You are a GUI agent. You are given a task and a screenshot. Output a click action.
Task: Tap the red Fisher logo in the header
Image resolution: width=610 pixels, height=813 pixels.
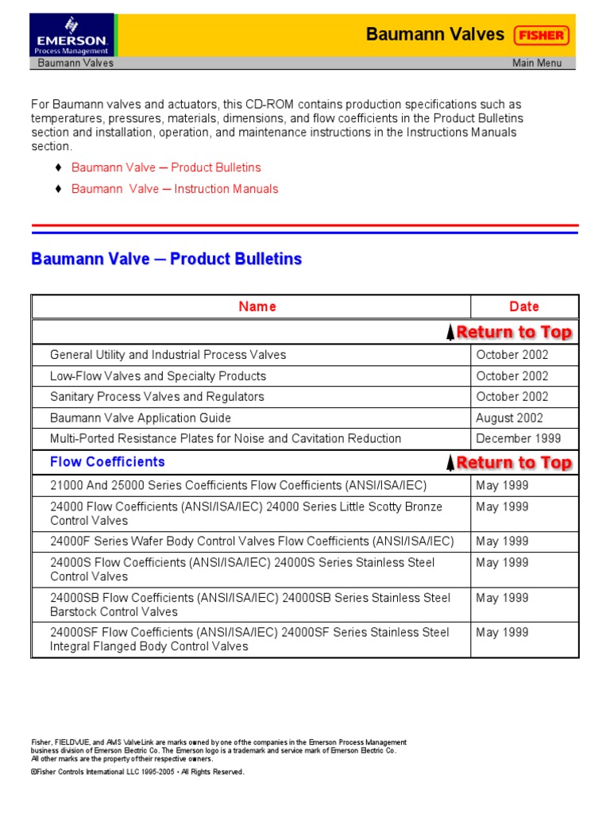pyautogui.click(x=541, y=35)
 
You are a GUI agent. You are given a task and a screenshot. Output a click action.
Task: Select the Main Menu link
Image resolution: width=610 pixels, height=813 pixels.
pyautogui.click(x=537, y=64)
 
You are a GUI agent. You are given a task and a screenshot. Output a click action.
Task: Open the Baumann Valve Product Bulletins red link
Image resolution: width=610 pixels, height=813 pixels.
pyautogui.click(x=166, y=168)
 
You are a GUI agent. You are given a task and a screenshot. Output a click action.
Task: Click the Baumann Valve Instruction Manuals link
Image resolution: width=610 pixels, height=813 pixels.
pyautogui.click(x=175, y=189)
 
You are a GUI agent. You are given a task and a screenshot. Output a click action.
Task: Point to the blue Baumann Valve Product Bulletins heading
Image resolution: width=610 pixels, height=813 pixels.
pyautogui.click(x=166, y=260)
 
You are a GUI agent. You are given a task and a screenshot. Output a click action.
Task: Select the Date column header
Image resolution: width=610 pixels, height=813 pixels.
pyautogui.click(x=524, y=306)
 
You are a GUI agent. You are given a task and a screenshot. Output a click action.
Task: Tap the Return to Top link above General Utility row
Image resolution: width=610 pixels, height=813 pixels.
pyautogui.click(x=509, y=332)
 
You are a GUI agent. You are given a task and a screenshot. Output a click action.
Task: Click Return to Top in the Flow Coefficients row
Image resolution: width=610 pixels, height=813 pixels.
pyautogui.click(x=509, y=463)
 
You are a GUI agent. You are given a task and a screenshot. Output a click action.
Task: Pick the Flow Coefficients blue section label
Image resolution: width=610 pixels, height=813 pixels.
pyautogui.click(x=107, y=462)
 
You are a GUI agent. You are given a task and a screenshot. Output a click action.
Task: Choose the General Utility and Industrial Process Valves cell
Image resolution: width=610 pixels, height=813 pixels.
pyautogui.click(x=168, y=355)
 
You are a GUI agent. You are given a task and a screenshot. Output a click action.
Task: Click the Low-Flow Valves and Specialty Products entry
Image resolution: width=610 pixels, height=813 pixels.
pyautogui.click(x=158, y=376)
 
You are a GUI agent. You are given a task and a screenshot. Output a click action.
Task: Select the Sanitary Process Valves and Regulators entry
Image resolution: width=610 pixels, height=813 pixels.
pyautogui.click(x=157, y=397)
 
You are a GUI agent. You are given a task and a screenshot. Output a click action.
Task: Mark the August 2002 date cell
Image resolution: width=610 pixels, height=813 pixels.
pyautogui.click(x=510, y=418)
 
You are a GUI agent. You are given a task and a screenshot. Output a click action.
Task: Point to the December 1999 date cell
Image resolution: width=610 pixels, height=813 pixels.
pyautogui.click(x=518, y=438)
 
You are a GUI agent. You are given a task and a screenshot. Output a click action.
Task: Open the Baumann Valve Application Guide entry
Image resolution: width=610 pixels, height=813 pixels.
pyautogui.click(x=141, y=418)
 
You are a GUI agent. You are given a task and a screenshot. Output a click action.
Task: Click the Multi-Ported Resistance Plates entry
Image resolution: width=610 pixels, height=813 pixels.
pyautogui.click(x=226, y=438)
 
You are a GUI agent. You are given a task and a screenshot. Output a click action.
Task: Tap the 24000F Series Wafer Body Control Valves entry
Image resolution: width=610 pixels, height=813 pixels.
pyautogui.click(x=252, y=541)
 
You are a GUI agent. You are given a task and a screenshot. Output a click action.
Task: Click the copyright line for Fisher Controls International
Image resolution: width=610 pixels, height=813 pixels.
pyautogui.click(x=137, y=772)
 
